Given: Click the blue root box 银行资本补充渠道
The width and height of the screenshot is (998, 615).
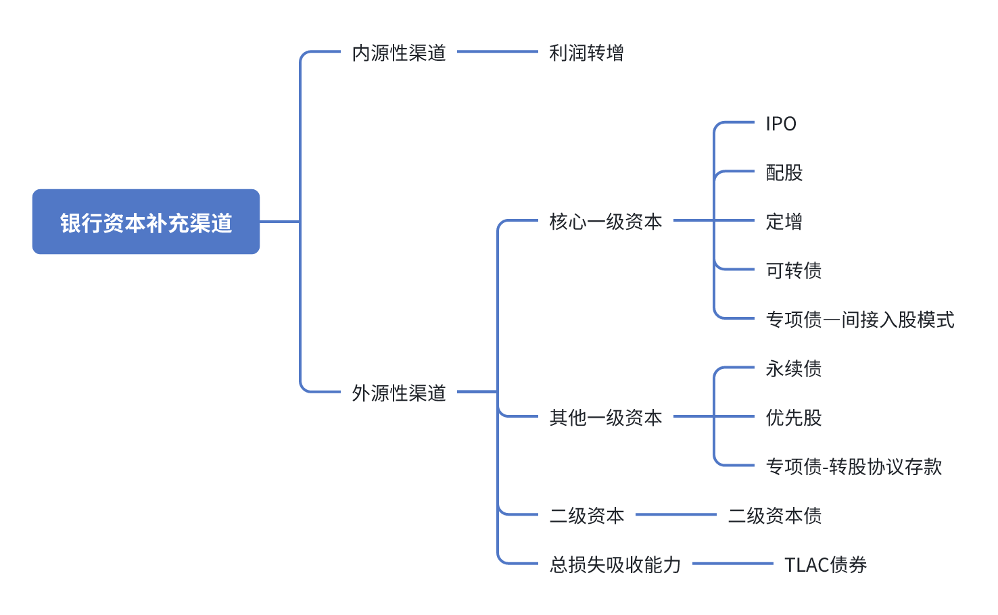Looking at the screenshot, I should (146, 222).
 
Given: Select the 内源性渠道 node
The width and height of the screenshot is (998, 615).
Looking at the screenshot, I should (399, 53).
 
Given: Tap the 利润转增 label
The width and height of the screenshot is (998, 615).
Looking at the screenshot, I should (586, 53).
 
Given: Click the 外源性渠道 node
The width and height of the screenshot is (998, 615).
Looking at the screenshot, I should (399, 393).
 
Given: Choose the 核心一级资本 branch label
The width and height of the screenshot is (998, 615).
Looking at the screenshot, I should (606, 222).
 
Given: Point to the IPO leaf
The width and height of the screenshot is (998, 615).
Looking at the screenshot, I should (781, 124).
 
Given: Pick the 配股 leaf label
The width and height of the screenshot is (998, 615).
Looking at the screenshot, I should (784, 173).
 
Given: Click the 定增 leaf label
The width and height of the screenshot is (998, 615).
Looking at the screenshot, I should (784, 222).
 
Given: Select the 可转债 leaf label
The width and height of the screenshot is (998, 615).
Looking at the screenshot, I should (794, 270).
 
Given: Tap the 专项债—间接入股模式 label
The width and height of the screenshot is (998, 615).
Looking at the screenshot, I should (860, 320).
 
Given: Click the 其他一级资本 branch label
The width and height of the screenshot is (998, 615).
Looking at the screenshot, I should (606, 418).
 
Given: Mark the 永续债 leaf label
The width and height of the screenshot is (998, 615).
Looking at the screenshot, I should (794, 368).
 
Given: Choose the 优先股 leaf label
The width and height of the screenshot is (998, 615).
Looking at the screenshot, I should (794, 418).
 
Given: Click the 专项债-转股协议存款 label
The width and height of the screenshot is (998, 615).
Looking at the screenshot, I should (854, 466).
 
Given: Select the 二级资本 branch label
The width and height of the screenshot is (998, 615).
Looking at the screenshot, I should (587, 516).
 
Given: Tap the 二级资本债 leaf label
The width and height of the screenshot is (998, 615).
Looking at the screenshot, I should (775, 516).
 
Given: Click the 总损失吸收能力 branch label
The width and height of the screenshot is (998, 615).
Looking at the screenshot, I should (615, 564).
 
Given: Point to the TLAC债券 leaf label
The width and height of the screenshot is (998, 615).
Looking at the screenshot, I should (826, 564).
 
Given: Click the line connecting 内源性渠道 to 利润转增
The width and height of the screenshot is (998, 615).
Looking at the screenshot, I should (498, 51).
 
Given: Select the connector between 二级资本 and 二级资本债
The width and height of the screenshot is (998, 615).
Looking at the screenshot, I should (676, 514).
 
